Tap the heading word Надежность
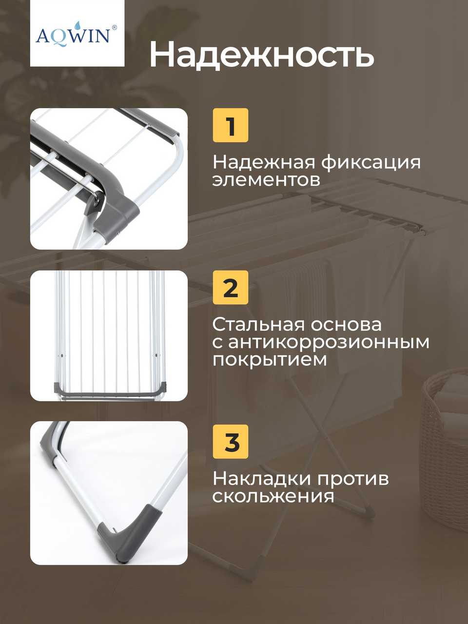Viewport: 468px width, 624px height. [x=262, y=54]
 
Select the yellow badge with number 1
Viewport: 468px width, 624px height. [x=231, y=125]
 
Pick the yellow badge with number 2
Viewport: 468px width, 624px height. [x=231, y=288]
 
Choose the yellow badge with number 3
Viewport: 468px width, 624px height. [x=231, y=442]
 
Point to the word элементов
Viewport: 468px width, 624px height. [x=266, y=180]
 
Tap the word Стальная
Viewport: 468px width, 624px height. [x=258, y=324]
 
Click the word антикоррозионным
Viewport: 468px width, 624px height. [x=329, y=342]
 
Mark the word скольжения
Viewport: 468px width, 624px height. [x=273, y=496]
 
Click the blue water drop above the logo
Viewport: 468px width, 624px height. [x=78, y=25]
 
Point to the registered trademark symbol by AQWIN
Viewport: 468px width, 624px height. [x=114, y=27]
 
